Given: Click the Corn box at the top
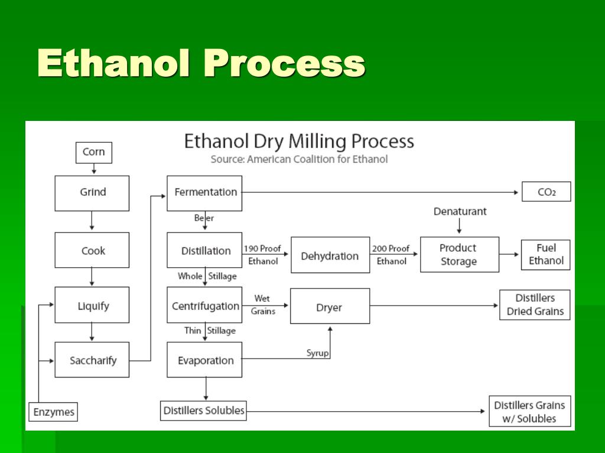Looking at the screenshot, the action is coord(94,153).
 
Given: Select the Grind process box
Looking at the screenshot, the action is coord(92,193).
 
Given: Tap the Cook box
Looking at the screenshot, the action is coord(92,250).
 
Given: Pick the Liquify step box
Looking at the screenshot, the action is coord(92,305).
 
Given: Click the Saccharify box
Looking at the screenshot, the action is coord(92,359).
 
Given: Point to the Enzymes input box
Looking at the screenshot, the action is coord(53,412).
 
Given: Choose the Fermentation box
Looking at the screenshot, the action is coord(204,193).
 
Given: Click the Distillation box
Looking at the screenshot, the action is coord(204,250).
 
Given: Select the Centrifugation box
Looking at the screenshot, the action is coord(204,305).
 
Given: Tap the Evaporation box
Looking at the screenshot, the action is coord(204,359).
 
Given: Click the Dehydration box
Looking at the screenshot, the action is coord(330,255).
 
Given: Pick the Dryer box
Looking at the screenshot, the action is coord(330,306).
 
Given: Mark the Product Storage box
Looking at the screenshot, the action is coord(460,255).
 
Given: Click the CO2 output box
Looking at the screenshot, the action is coord(547,192).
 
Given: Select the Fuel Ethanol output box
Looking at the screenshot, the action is coord(545,255).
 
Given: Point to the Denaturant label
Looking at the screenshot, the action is coord(460,212).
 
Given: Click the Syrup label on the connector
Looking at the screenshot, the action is coord(317,353).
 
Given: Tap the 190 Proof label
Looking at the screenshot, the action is coord(262,248).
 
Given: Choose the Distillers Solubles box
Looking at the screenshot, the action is coord(203,411).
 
